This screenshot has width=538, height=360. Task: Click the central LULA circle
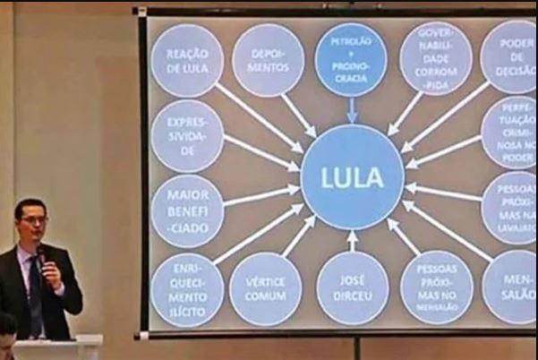[352, 176]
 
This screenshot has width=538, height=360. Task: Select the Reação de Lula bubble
[187, 60]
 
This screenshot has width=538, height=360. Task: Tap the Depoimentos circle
[268, 60]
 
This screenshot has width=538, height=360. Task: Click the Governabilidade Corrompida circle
[435, 57]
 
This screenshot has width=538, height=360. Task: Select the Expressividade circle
[187, 135]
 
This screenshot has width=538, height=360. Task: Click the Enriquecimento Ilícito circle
[186, 289]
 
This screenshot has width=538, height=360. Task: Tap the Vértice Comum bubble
[265, 289]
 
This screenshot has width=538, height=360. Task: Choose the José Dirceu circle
[352, 289]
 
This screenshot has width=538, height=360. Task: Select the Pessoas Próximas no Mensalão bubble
[436, 287]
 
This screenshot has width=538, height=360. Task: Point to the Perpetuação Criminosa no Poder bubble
[509, 133]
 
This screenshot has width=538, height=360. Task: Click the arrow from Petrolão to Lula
[352, 110]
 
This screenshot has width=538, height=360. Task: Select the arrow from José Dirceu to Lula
[352, 241]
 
